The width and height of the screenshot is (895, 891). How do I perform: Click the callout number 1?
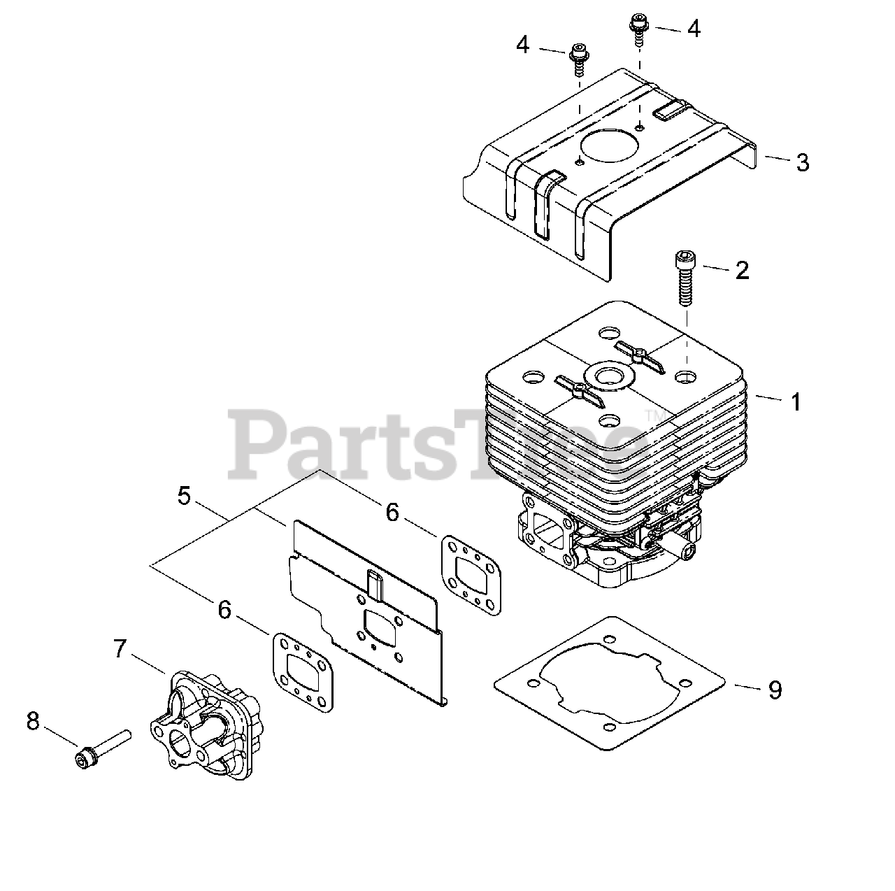[795, 402]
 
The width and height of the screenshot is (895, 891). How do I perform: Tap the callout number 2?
[742, 271]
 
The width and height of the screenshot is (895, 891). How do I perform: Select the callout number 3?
[803, 162]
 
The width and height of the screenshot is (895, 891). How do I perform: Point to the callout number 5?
[184, 496]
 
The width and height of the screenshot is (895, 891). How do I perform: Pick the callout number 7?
[120, 649]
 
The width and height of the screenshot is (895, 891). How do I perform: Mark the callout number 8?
[33, 721]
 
